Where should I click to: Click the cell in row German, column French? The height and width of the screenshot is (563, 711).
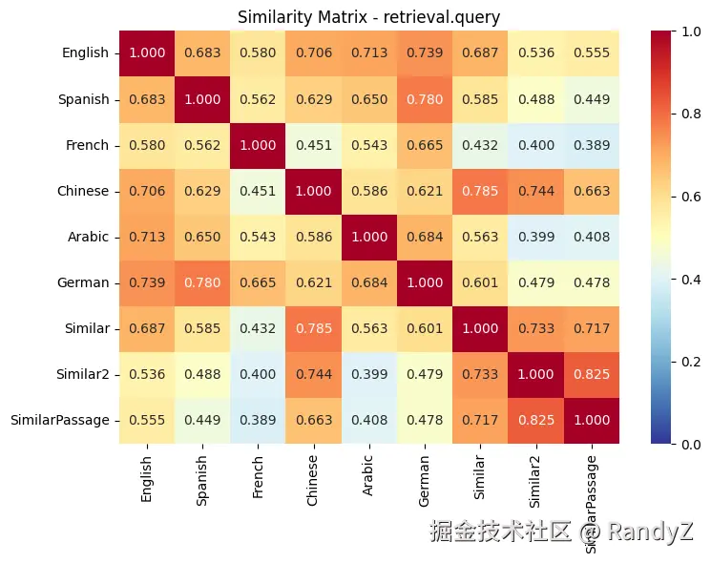coord(257,282)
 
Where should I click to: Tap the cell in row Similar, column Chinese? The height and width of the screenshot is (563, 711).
coord(312,328)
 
